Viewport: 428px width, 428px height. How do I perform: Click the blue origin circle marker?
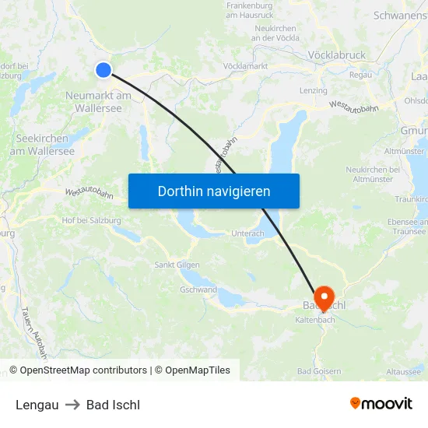click(x=103, y=70)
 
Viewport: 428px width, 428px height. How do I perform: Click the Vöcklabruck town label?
click(x=336, y=55)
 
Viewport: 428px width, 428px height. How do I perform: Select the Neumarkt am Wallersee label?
click(x=98, y=102)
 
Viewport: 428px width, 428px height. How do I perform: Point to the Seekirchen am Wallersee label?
click(x=45, y=145)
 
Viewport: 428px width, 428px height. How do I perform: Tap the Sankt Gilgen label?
click(x=178, y=265)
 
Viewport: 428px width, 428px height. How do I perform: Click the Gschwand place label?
click(x=198, y=289)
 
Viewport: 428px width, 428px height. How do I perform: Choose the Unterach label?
click(x=248, y=233)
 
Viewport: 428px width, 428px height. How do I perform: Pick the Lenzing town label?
click(x=313, y=91)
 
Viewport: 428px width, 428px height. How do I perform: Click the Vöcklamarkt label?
click(x=245, y=66)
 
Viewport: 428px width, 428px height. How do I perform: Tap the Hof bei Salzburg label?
click(x=91, y=220)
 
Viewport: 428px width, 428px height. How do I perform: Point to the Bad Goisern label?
click(x=319, y=371)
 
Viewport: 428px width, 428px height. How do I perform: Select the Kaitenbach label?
click(x=314, y=319)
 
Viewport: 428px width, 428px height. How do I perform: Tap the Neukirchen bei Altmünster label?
click(x=373, y=174)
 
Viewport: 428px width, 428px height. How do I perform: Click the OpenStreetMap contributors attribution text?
click(x=82, y=370)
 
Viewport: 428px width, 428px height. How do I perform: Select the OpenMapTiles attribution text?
click(x=197, y=370)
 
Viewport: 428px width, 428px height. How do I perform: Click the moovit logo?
click(x=381, y=404)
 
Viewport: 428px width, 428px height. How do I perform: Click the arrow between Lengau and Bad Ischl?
click(x=72, y=405)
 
